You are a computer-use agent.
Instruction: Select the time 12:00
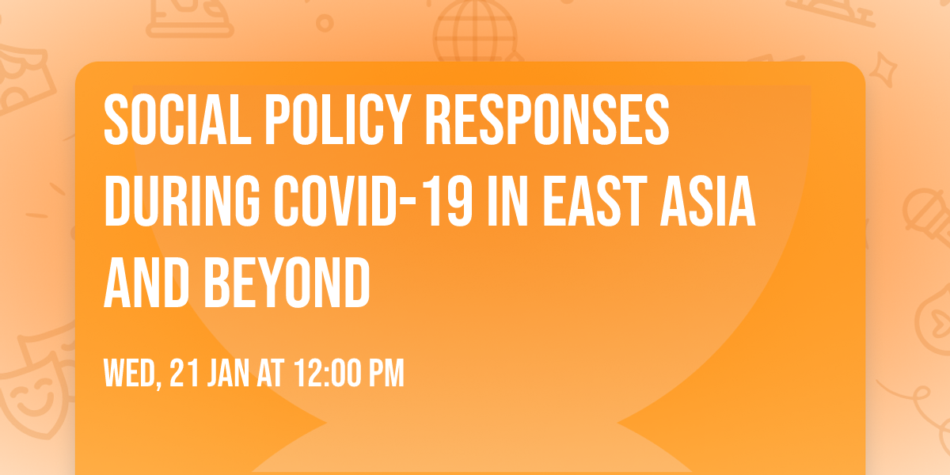tap(330, 374)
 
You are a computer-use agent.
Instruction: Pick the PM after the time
tap(387, 374)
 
